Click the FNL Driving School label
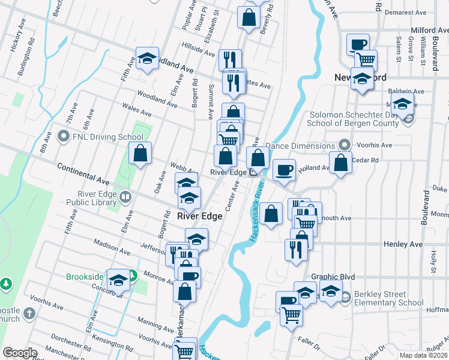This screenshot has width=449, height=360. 106,137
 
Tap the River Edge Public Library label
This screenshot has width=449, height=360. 97,198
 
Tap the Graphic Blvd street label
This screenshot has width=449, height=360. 333,277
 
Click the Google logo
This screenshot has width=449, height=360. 20,353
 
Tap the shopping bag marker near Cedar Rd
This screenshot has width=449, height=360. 340,163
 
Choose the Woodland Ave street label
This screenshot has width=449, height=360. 157,99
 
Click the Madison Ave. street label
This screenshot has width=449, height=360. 112,248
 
